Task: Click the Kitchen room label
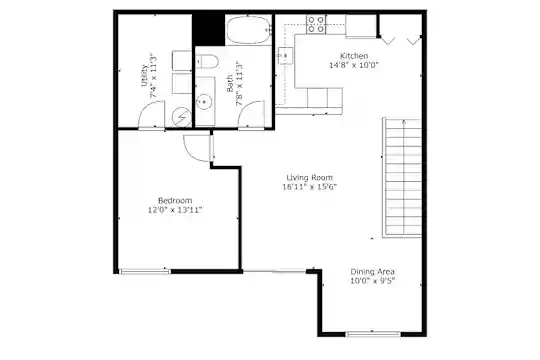354,56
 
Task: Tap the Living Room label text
310,178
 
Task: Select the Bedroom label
175,200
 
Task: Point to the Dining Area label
373,272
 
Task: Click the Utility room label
144,75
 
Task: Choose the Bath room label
230,84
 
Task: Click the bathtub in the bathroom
249,29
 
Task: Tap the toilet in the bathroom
207,62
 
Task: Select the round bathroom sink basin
204,102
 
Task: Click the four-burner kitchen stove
316,24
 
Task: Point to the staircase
402,178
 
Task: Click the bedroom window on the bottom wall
145,271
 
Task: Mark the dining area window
373,334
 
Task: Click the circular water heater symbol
181,118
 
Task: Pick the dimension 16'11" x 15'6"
310,187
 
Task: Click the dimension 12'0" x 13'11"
175,210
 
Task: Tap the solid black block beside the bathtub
208,30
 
